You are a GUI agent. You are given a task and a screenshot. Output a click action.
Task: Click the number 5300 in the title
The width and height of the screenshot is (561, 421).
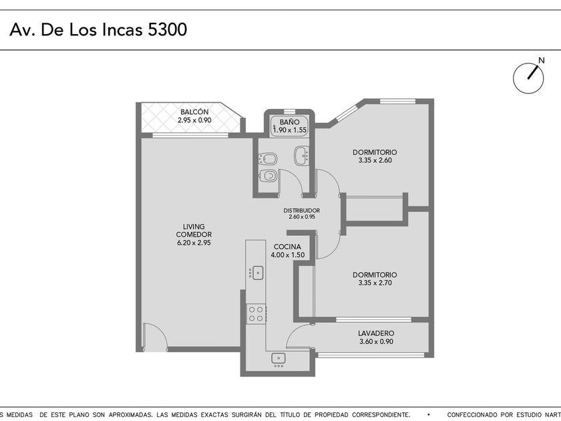(168, 29)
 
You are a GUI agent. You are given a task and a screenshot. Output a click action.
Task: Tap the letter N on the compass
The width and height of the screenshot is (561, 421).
(542, 61)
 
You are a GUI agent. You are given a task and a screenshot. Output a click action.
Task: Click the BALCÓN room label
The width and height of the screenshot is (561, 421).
(194, 112)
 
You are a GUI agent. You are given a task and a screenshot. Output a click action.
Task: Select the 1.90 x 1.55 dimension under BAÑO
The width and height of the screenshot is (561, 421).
(290, 130)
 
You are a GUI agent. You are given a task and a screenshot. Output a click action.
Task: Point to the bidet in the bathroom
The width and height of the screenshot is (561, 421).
(268, 158)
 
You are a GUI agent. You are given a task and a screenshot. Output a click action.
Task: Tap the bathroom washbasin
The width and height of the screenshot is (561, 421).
(302, 156)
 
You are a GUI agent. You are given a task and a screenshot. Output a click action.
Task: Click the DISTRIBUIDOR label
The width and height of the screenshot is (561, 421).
(302, 210)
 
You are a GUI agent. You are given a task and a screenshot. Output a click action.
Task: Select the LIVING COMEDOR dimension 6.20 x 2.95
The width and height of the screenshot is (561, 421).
(194, 243)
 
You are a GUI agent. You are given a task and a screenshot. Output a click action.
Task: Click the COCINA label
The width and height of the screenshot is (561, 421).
(287, 247)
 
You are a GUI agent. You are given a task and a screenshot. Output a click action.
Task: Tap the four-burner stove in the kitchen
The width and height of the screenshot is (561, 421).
(256, 314)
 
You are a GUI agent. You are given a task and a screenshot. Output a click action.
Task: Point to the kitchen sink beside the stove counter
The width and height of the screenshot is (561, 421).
(256, 273)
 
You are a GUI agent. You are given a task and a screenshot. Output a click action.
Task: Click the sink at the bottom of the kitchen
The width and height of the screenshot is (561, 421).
(278, 359)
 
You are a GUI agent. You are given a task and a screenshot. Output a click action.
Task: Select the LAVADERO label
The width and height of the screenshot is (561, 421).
(376, 333)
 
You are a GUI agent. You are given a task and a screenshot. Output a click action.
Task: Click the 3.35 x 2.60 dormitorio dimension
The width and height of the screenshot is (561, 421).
(375, 160)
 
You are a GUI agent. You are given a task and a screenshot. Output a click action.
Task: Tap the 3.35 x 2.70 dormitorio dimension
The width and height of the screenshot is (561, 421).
(375, 283)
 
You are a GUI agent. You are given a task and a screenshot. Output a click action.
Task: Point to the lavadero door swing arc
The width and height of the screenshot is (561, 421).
(293, 331)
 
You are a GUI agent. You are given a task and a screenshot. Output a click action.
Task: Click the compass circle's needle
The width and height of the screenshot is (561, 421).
(533, 73)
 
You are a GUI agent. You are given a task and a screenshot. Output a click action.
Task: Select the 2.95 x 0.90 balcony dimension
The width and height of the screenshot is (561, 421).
(194, 120)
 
